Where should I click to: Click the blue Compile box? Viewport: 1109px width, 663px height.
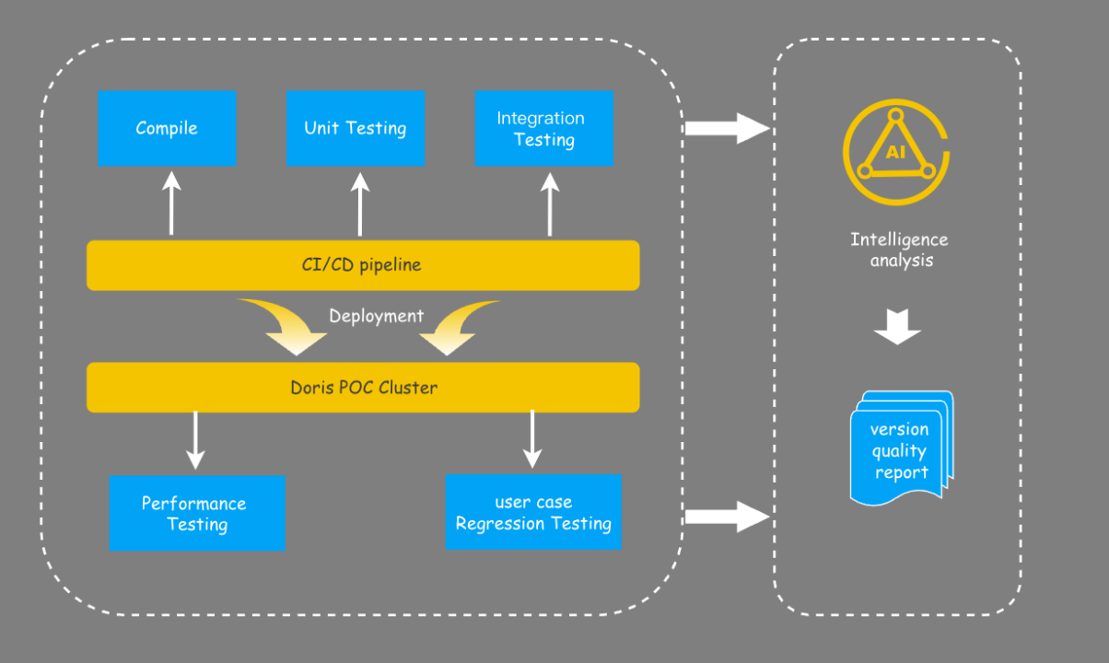(167, 128)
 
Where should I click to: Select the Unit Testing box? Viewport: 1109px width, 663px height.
(356, 128)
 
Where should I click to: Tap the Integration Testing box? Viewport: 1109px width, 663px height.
(543, 128)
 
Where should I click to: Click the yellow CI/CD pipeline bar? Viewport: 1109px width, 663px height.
(363, 265)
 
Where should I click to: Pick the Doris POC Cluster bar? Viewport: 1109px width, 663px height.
(363, 387)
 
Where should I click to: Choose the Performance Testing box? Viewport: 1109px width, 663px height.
(196, 513)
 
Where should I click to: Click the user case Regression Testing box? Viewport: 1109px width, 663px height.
(533, 513)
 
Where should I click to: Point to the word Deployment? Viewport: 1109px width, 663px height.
(377, 316)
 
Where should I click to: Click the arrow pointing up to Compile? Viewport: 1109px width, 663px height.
(171, 204)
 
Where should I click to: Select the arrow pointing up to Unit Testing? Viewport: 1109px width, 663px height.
(360, 204)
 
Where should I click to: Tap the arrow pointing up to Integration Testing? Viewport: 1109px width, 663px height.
(550, 204)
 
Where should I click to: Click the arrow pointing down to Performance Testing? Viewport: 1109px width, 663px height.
(194, 440)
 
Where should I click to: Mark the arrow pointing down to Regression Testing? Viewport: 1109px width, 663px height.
(532, 440)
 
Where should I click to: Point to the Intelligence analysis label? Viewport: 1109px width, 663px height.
(900, 250)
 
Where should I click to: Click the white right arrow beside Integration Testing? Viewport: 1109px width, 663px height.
(727, 128)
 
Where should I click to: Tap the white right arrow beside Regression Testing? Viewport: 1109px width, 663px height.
(727, 517)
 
